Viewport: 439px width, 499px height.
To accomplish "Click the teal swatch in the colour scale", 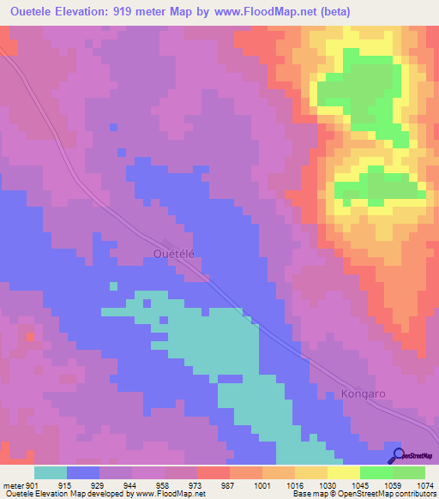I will pyautogui.click(x=51, y=472).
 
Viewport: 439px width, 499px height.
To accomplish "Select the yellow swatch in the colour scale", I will pyautogui.click(x=344, y=472).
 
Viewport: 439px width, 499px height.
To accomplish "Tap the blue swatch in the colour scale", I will pyautogui.click(x=83, y=472).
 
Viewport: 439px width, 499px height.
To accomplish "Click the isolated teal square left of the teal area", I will pyautogui.click(x=114, y=286).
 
